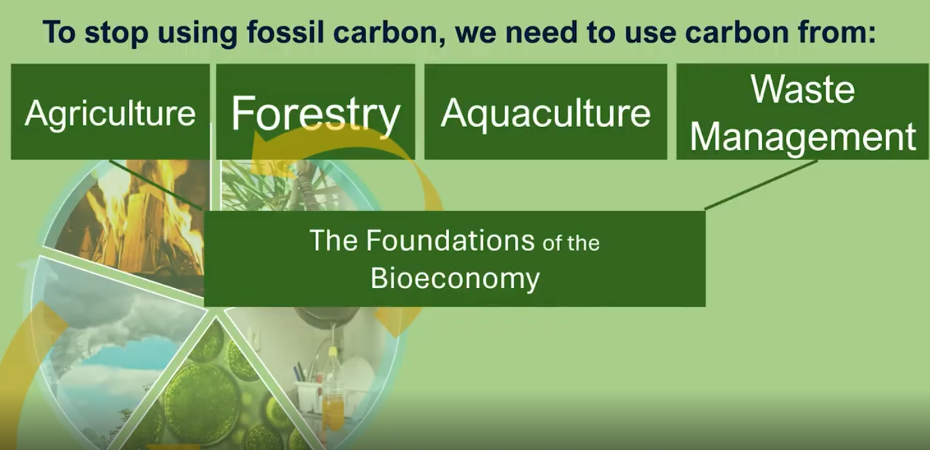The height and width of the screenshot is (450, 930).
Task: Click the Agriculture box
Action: point(110,112)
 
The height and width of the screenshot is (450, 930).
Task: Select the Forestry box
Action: point(316,112)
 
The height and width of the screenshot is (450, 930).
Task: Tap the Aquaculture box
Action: point(546,112)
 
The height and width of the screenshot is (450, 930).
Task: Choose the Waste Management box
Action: point(802,112)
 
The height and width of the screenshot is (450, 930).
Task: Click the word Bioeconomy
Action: point(455,278)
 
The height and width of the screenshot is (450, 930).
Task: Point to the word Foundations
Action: point(450,240)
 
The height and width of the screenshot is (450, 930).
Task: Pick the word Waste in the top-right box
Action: point(802,89)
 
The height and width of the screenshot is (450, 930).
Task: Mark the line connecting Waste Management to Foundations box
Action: point(761,185)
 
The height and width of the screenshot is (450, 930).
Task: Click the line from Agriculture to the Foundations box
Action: point(155,184)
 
